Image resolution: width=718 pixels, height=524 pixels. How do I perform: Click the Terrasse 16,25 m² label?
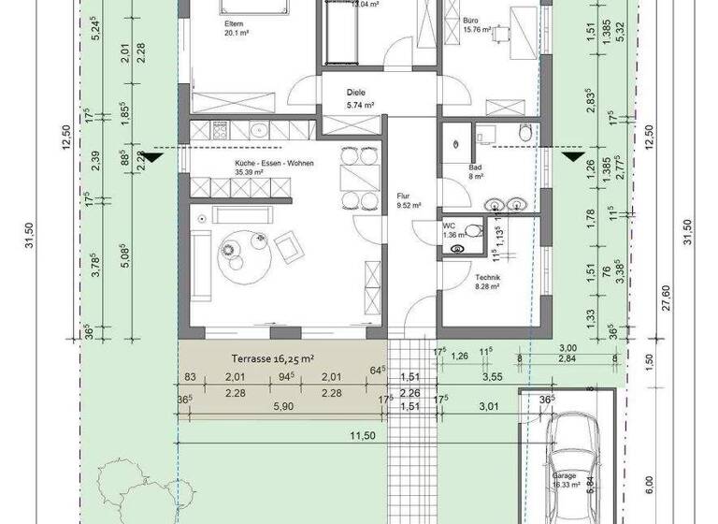coord(261,357)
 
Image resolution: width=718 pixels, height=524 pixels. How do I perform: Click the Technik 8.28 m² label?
coord(487,284)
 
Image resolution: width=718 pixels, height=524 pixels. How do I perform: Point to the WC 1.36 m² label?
coord(452,231)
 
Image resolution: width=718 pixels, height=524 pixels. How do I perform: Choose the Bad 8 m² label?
coord(475,171)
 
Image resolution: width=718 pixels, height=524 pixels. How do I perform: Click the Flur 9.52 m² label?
coord(409,200)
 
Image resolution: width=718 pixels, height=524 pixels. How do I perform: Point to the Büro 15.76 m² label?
coord(477,23)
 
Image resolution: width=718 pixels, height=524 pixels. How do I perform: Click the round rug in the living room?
coord(238,251)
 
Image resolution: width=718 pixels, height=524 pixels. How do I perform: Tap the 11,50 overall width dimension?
coord(363,435)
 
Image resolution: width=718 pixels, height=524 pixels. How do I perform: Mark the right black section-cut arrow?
coord(570,156)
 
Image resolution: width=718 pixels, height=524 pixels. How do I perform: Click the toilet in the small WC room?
coord(471,230)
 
